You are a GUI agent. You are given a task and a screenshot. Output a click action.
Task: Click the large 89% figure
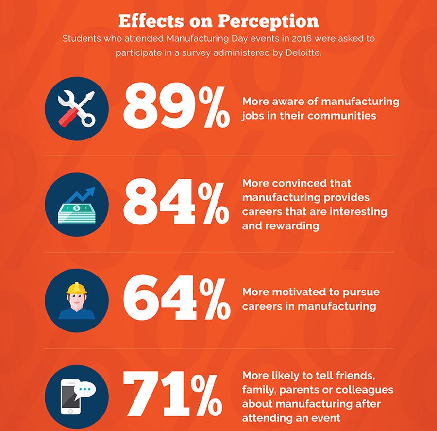(176, 106)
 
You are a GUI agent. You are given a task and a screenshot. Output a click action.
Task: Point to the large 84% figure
(176, 203)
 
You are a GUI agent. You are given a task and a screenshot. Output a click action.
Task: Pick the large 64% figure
(176, 299)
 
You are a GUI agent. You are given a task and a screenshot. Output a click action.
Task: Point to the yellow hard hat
(76, 288)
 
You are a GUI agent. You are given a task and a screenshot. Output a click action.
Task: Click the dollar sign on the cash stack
(76, 207)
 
